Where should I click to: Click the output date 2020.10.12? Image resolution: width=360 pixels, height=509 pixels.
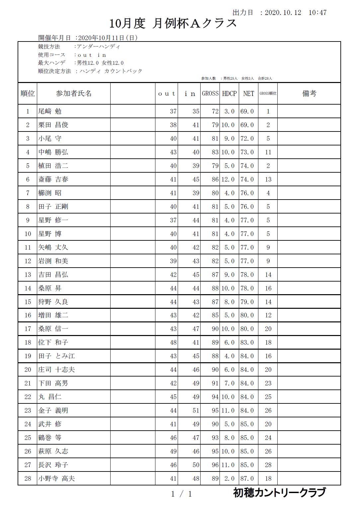(x=283, y=13)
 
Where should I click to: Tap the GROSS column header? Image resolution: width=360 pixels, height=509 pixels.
(x=210, y=94)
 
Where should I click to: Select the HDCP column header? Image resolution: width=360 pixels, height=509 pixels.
(x=229, y=94)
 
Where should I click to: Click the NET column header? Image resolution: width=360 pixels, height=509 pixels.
(x=248, y=94)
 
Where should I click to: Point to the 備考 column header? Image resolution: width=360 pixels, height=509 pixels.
(x=309, y=94)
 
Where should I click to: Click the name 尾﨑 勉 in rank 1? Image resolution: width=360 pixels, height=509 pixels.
(x=50, y=111)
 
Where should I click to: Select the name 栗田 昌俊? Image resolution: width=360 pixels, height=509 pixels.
(x=53, y=125)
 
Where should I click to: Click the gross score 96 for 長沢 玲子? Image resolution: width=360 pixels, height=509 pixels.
(x=215, y=465)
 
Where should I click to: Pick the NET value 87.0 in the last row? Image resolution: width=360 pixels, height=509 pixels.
(x=247, y=478)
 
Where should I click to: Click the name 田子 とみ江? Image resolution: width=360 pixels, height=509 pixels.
(x=56, y=356)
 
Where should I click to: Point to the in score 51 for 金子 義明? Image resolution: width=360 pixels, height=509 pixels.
(x=196, y=410)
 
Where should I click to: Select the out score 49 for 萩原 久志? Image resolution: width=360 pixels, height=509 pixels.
(x=173, y=451)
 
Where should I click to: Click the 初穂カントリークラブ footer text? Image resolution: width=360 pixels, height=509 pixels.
(x=279, y=493)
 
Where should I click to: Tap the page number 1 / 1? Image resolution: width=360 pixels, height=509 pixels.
(x=181, y=494)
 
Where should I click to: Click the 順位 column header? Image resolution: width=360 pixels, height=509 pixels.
(x=28, y=94)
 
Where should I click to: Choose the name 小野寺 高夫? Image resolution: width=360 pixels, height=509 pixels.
(x=56, y=478)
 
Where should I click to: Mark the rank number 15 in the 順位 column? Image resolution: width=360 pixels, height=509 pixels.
(x=28, y=302)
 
